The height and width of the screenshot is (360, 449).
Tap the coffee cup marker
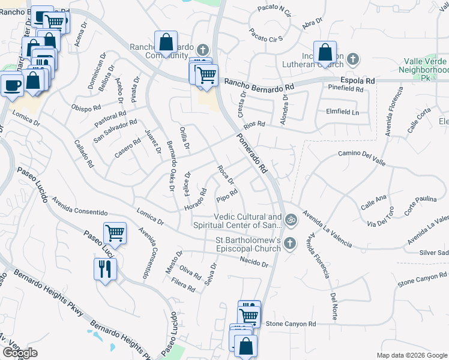12,85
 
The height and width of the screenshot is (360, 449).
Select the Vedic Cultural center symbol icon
291,220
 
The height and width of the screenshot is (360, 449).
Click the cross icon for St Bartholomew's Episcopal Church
290,243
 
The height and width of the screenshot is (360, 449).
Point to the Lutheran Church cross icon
354,59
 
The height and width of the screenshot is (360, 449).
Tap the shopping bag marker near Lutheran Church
325,53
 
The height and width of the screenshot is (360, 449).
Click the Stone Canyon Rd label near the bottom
291,324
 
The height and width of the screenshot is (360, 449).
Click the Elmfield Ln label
342,112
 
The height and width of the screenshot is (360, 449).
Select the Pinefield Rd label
346,89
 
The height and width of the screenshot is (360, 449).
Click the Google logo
20,353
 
